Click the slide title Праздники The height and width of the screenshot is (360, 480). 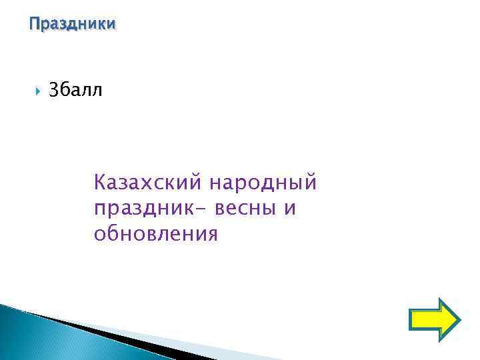(x=73, y=24)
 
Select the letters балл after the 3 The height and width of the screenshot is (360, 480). (x=82, y=90)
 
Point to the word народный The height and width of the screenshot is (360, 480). (x=263, y=181)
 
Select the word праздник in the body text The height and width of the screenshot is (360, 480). (x=146, y=208)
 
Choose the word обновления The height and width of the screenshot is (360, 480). (x=156, y=234)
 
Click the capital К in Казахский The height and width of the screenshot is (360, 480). (x=101, y=181)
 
